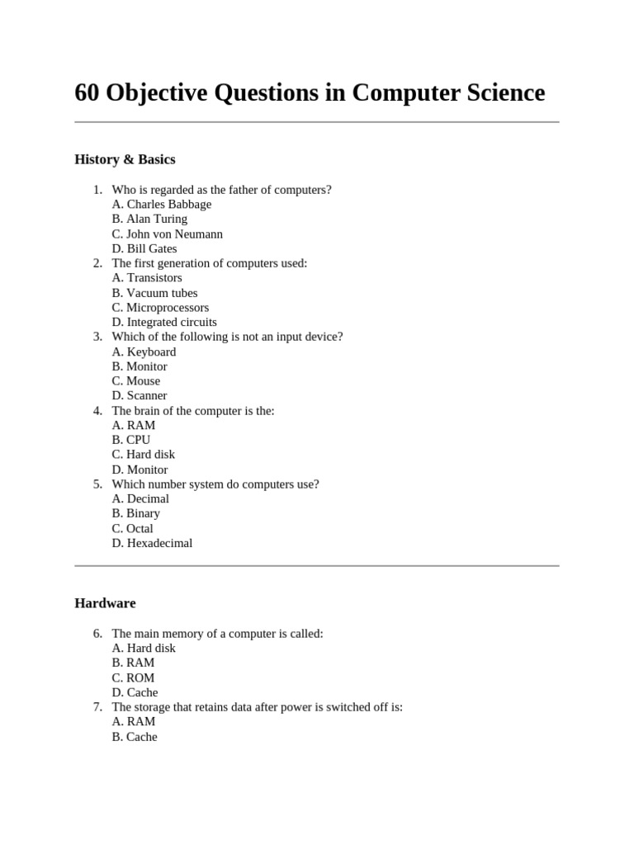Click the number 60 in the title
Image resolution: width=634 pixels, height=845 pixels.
86,93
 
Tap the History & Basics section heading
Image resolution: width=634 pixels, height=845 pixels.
125,159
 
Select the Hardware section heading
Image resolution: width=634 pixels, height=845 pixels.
105,603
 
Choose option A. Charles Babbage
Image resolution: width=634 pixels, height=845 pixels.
162,204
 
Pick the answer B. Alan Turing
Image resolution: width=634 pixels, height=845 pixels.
149,219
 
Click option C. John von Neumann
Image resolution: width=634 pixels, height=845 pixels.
168,234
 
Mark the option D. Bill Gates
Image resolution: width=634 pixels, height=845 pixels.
144,248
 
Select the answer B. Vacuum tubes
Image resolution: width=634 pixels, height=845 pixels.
154,293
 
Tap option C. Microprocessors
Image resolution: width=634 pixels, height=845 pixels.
160,308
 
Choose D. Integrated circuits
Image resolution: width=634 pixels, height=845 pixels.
164,323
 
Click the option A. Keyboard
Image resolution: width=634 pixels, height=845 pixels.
144,352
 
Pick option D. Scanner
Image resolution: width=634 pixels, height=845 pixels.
140,396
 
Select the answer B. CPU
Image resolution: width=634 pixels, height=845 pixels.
131,440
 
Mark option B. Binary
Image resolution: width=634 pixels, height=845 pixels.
136,513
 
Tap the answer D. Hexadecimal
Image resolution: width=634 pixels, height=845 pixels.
152,543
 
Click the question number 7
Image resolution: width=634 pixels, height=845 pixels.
97,707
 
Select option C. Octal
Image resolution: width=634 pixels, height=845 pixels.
133,528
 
